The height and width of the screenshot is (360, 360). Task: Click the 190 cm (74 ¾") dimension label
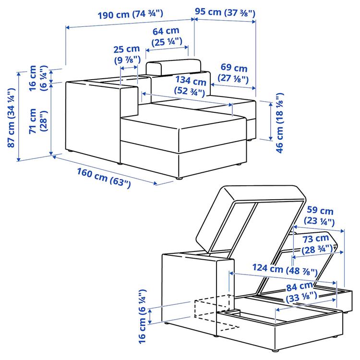point(129,14)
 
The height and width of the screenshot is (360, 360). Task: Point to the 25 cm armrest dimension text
point(127,54)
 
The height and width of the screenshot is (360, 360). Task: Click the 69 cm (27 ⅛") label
point(233,73)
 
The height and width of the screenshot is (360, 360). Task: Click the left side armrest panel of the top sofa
point(91,120)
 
